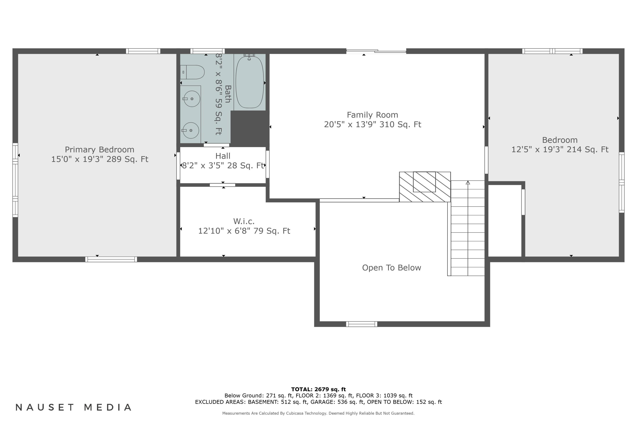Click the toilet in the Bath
193,72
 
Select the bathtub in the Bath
249,82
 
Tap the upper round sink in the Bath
192,99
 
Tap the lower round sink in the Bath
191,130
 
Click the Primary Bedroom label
99,150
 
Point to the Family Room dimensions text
372,124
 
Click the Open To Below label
391,268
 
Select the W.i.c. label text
244,221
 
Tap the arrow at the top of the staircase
468,183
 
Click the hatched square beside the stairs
424,187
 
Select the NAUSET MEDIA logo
73,407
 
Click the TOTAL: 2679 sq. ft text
318,390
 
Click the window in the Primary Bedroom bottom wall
111,259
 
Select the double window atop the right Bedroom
552,51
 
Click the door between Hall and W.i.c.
222,185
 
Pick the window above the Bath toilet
207,51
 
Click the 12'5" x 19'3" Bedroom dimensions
559,150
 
